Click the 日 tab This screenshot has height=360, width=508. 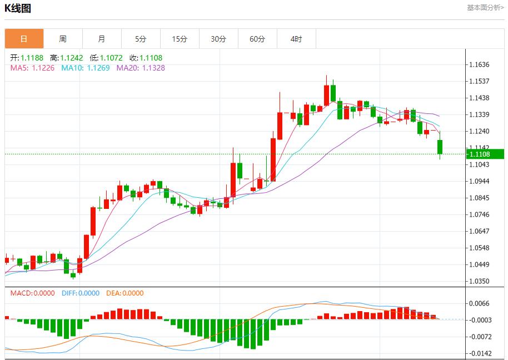click(24, 39)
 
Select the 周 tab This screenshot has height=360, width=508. click(63, 39)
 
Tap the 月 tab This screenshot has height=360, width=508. click(102, 39)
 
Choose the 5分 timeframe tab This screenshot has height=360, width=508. click(141, 39)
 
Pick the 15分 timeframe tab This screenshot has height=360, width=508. click(180, 39)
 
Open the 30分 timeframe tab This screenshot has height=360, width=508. click(218, 39)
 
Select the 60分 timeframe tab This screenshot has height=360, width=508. click(257, 39)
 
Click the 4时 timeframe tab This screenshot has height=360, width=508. click(296, 39)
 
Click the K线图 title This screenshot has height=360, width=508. click(18, 8)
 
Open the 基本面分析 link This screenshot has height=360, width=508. click(485, 8)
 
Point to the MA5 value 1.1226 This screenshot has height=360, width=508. click(43, 68)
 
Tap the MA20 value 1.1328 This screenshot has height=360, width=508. click(153, 68)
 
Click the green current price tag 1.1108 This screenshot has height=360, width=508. click(483, 154)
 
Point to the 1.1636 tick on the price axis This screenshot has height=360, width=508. click(479, 64)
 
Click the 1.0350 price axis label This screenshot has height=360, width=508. click(479, 281)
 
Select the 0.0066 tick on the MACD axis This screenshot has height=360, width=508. click(479, 303)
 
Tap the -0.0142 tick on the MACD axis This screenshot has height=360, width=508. click(479, 353)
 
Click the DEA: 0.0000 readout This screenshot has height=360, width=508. click(124, 293)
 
